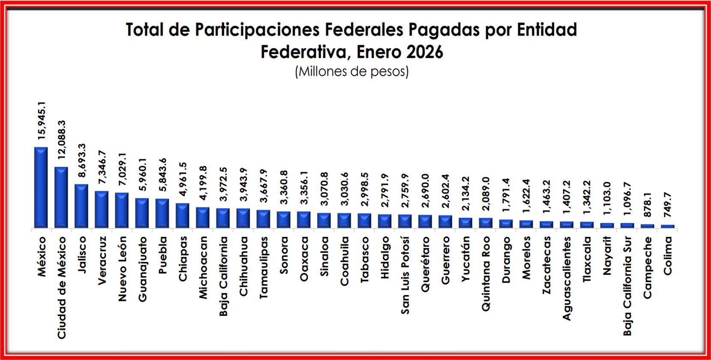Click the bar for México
[41, 188]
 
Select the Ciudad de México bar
[61, 198]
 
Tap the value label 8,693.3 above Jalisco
[82, 160]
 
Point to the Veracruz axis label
[102, 260]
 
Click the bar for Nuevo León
[122, 210]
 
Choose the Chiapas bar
[182, 216]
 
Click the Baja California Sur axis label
[627, 286]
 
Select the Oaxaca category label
[304, 259]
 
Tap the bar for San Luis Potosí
[405, 221]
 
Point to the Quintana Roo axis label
[486, 274]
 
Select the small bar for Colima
[667, 226]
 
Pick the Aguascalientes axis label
[567, 279]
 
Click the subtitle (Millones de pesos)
[352, 71]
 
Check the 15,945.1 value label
[42, 120]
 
